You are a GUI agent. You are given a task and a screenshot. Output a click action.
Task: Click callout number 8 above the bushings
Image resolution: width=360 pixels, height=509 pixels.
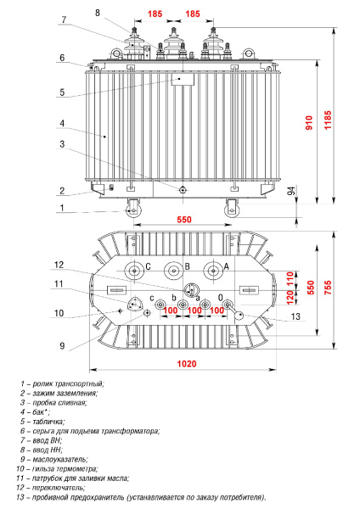pos(97,13)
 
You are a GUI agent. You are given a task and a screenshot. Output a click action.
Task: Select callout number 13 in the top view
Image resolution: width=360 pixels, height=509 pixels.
pos(295,316)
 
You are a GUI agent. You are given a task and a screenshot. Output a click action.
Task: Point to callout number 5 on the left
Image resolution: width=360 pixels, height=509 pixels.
pos(62,92)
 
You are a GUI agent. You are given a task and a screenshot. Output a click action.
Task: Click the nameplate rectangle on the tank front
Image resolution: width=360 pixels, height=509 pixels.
pos(183,79)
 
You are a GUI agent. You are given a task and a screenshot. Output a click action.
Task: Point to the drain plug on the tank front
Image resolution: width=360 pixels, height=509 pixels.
pos(183,190)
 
